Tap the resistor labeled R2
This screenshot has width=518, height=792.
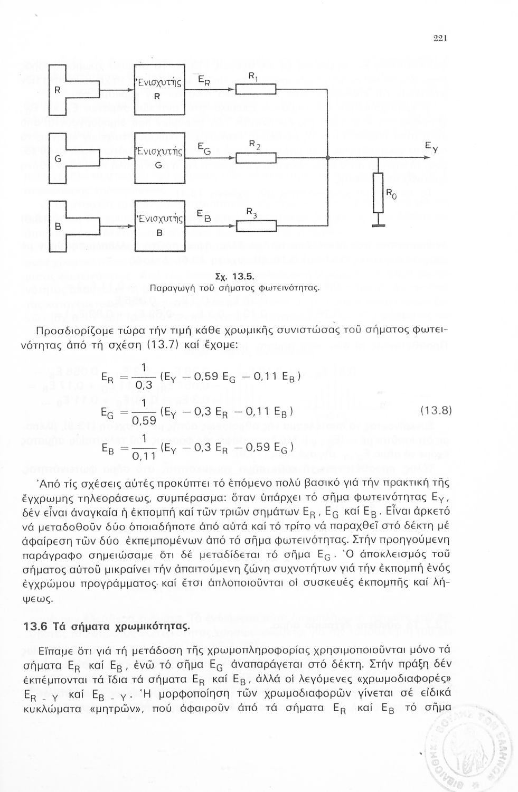[256, 157]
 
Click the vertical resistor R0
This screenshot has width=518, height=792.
[378, 193]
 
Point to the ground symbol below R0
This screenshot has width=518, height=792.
[378, 226]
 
